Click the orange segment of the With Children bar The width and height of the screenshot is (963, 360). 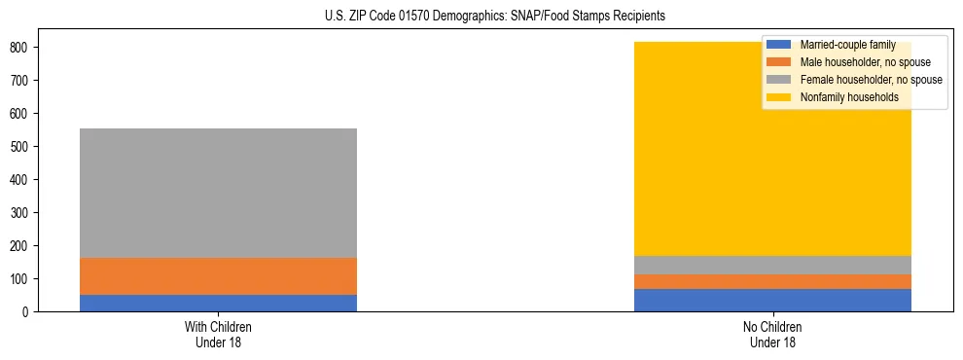click(218, 275)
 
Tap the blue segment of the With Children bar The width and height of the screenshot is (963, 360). click(218, 303)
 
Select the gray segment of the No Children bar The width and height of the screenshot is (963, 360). click(772, 265)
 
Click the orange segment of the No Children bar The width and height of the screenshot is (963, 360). click(772, 281)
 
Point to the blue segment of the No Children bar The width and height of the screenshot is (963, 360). click(772, 300)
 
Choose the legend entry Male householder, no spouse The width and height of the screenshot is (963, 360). click(865, 62)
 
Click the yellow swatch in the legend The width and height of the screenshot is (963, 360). click(779, 97)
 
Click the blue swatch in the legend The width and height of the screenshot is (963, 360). click(779, 45)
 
